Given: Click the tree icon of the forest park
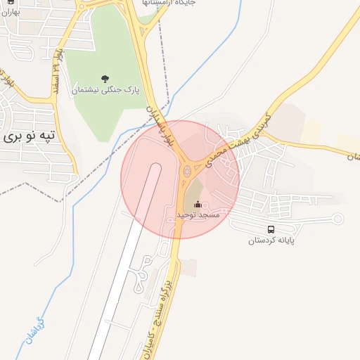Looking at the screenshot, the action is tap(105, 78).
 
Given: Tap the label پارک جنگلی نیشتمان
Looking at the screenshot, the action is tap(105, 90).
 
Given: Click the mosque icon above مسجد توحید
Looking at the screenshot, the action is tap(198, 204).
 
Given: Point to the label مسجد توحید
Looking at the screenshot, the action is tap(198, 214).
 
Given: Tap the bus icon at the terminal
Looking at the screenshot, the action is tap(271, 229).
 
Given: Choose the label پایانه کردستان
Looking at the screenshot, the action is tap(271, 240).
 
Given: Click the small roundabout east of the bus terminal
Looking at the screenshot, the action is tap(337, 219).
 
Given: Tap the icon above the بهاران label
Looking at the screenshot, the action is tap(10, 2).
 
